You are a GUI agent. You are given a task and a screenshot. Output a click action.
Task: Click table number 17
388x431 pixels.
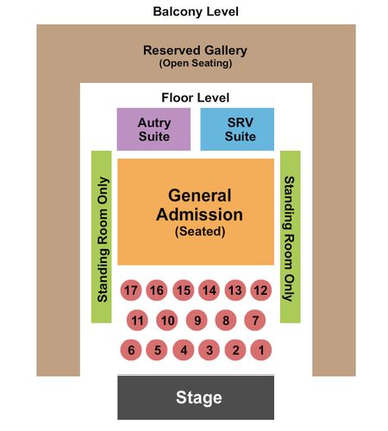tap(131, 290)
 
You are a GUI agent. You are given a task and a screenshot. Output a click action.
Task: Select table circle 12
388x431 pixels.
tap(260, 290)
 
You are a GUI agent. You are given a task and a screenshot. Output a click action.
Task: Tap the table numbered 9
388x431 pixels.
tap(197, 320)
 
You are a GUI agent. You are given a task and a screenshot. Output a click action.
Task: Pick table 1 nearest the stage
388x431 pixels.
tap(260, 350)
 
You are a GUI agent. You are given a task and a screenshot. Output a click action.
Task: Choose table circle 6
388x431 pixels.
tap(131, 350)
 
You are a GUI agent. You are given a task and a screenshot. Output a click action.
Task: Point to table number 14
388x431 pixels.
tap(209, 290)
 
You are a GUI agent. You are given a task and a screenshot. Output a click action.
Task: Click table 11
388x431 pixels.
tap(137, 320)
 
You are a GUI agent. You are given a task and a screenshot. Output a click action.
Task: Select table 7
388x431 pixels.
tap(255, 320)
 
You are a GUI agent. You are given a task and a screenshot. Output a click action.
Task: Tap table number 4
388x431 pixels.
tap(184, 350)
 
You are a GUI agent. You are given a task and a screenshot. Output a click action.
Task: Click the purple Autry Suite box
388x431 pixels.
tap(153, 129)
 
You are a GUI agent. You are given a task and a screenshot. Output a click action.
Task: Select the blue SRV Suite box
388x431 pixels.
tap(237, 129)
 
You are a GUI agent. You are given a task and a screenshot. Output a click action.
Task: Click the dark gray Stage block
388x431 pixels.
tap(196, 397)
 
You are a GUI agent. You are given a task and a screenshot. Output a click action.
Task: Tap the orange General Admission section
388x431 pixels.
tap(196, 212)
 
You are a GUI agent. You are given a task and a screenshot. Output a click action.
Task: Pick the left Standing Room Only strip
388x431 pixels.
tap(102, 237)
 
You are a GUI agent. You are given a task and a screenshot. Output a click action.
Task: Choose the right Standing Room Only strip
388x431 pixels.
tap(291, 237)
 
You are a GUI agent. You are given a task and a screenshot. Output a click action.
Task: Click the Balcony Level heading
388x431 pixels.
tap(196, 12)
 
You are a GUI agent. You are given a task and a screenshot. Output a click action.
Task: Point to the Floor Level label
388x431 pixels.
tap(196, 97)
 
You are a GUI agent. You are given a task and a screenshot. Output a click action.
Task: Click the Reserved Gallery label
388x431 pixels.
tap(195, 50)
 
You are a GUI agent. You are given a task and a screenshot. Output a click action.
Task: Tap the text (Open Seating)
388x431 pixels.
tap(196, 63)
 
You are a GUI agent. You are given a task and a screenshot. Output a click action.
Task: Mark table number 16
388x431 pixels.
tap(157, 290)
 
